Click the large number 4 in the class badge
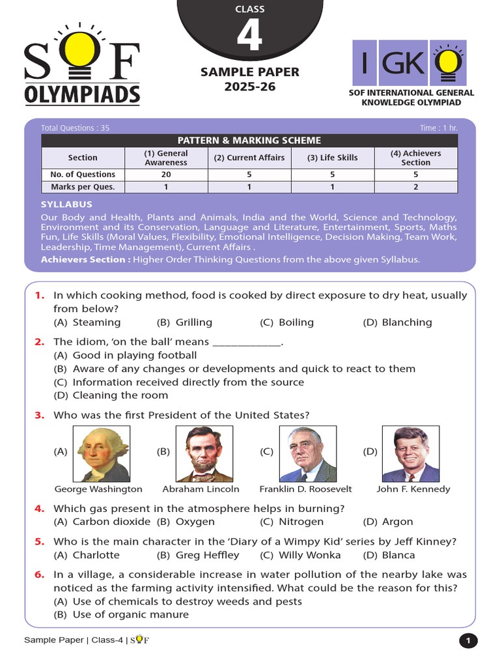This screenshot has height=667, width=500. click(x=249, y=37)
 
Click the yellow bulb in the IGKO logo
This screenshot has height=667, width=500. click(x=449, y=63)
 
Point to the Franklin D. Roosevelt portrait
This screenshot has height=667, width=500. click(x=307, y=454)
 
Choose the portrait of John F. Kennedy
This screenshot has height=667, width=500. click(x=410, y=454)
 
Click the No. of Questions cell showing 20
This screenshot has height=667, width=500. click(x=166, y=175)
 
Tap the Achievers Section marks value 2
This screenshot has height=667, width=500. click(x=415, y=187)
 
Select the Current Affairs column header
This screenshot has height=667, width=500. click(x=249, y=158)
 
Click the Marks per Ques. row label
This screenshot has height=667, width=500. click(x=83, y=187)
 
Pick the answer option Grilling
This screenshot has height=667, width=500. click(x=193, y=322)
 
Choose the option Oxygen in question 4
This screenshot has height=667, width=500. click(x=195, y=522)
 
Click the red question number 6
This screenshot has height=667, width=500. click(x=39, y=575)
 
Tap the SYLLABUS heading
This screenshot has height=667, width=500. click(x=66, y=205)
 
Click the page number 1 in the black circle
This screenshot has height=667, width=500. click(x=467, y=642)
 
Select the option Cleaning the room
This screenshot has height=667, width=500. click(x=120, y=395)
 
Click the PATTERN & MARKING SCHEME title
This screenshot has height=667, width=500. click(x=249, y=141)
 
